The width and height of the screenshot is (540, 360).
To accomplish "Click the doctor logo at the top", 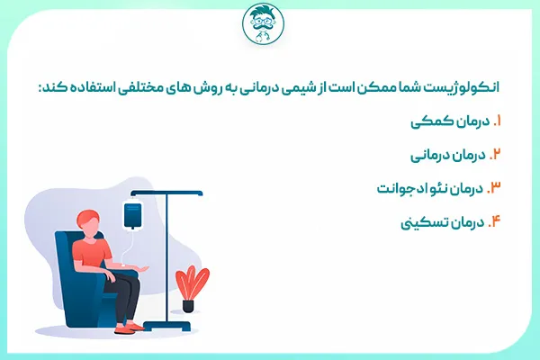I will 270,27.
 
